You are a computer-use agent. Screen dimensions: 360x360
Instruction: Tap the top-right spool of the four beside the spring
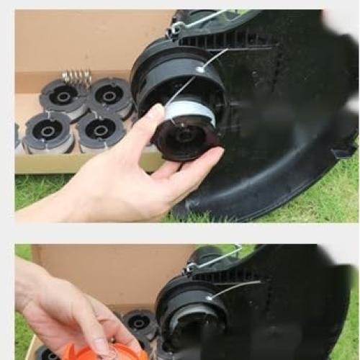(x=110, y=96)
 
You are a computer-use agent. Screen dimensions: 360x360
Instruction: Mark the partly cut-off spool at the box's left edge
(x=17, y=137)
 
